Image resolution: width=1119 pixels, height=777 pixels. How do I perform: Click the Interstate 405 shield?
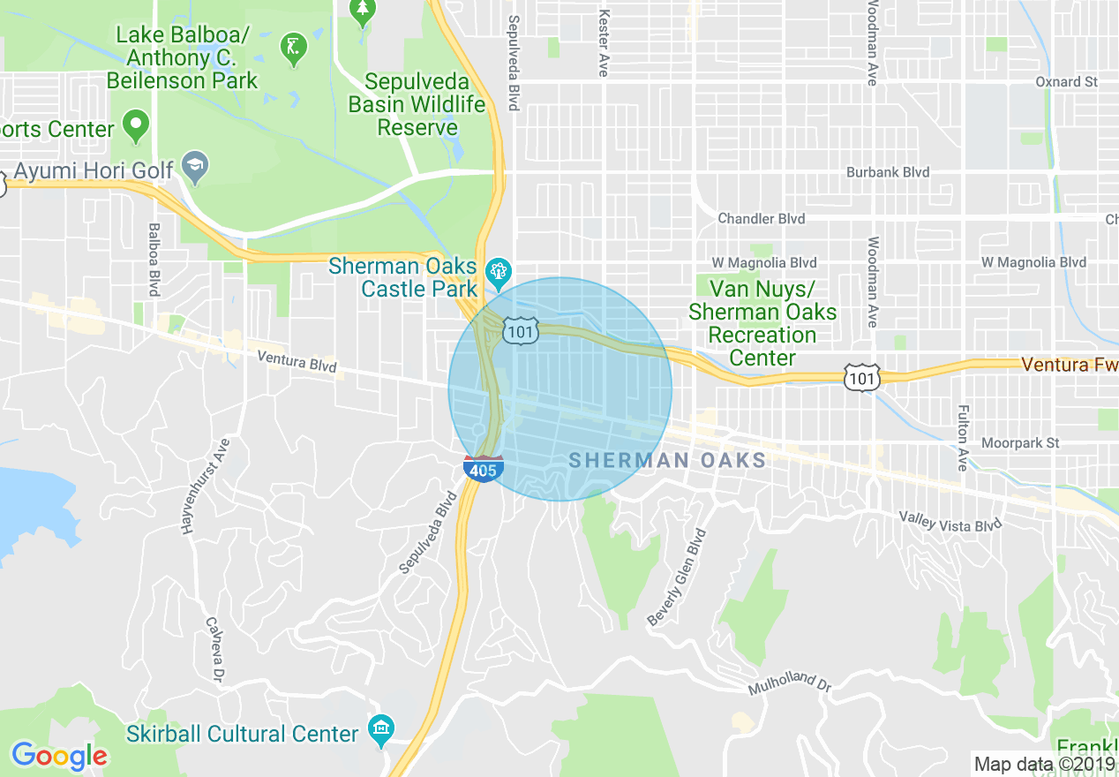(x=483, y=469)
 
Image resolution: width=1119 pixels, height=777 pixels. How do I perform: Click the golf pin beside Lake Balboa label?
(x=293, y=49)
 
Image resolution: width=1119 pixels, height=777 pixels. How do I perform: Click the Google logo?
(x=59, y=756)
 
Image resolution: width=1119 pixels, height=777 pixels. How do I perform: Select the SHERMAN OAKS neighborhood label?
(x=667, y=460)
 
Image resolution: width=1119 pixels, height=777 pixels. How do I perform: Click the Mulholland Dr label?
(x=790, y=681)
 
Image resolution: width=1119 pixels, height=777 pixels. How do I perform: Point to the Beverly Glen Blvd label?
(x=677, y=578)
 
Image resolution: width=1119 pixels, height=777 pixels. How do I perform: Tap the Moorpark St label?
(x=1020, y=442)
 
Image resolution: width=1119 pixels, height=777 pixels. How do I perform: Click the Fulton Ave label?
(x=963, y=438)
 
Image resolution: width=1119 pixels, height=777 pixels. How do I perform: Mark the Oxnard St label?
(x=1066, y=81)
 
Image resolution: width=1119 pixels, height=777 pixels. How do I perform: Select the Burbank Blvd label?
(x=888, y=172)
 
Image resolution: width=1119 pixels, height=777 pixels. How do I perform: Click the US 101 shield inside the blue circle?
(x=519, y=331)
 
